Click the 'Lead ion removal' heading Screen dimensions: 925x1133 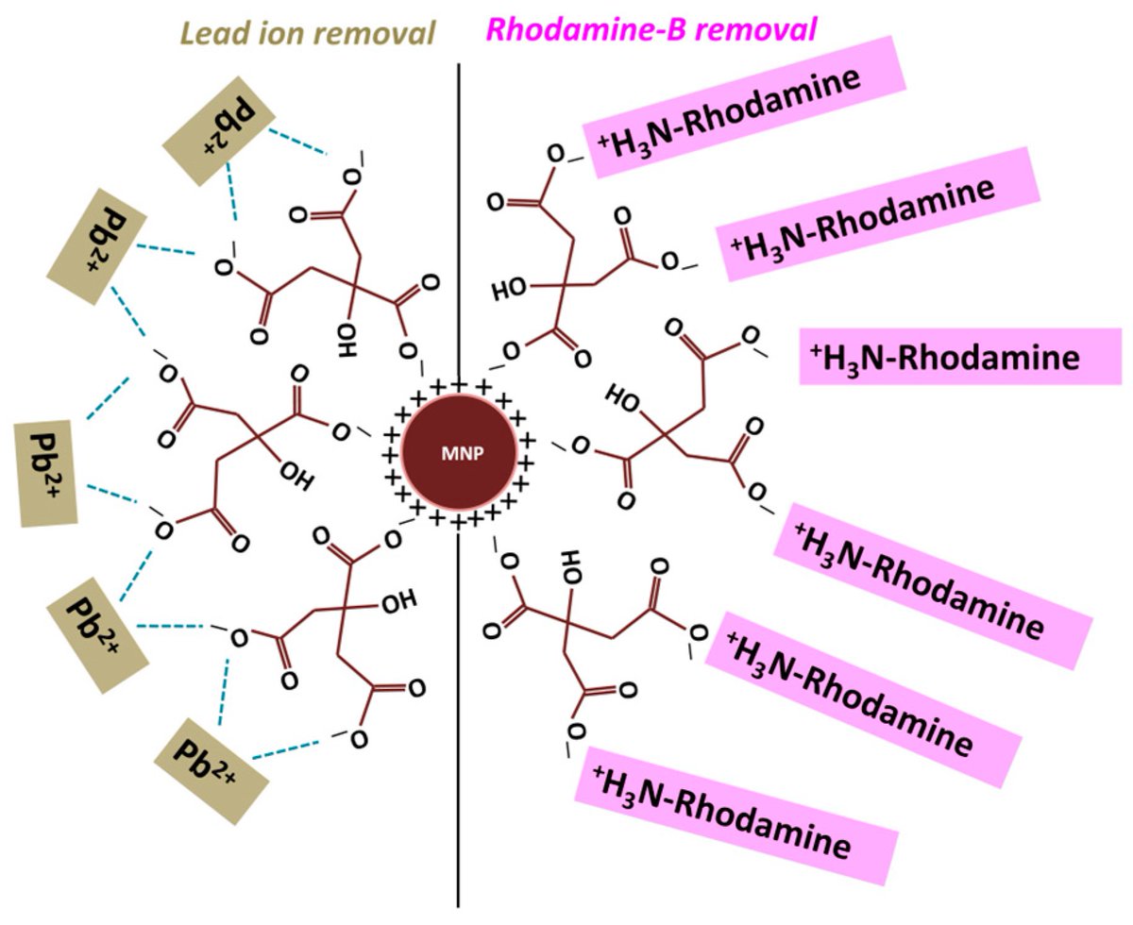[x=309, y=33]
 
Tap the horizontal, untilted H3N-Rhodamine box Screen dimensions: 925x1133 [x=958, y=357]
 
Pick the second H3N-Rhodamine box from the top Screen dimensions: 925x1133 [x=877, y=215]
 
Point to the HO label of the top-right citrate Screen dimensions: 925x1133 [x=510, y=288]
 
